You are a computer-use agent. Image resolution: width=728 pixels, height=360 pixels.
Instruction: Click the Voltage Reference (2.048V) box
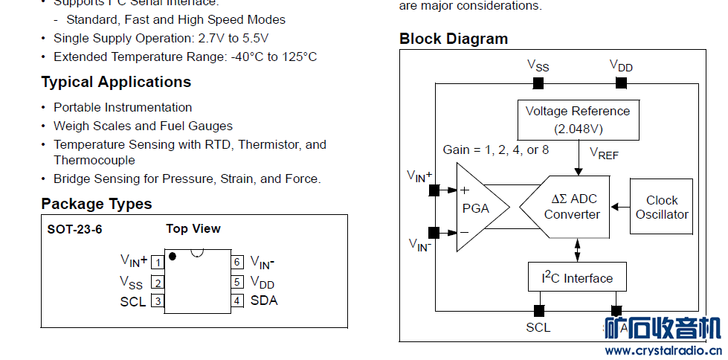pos(578,119)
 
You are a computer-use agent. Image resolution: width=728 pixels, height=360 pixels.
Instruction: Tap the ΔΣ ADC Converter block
pos(569,208)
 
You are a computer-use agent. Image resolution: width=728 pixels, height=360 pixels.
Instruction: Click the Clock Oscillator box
pos(661,207)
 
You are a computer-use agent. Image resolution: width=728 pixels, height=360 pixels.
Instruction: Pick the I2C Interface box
pos(577,277)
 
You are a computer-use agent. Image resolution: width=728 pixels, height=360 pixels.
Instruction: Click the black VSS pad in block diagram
pos(538,83)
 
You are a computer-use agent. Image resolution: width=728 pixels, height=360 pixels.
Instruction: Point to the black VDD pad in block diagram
pos(621,83)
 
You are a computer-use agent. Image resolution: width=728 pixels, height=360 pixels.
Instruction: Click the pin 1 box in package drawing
pos(158,262)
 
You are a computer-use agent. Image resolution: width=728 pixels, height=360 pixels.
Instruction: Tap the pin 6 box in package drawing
pos(237,262)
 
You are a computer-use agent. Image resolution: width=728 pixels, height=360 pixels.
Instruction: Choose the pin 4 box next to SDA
pos(237,300)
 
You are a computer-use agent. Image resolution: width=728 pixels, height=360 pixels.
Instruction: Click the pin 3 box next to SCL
pos(158,300)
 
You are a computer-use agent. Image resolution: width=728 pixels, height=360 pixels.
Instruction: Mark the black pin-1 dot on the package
pos(173,257)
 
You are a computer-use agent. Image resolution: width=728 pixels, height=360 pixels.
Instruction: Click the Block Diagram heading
pos(454,39)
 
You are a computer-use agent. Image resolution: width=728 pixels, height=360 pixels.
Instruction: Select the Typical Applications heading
pos(116,82)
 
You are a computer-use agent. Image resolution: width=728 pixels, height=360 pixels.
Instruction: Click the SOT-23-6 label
pos(74,229)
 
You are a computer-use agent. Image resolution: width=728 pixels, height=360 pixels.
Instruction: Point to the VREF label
pos(604,153)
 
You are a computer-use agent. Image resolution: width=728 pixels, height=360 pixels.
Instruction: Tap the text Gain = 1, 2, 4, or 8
pos(496,150)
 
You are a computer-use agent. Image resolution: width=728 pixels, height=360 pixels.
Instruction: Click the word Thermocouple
pos(94,160)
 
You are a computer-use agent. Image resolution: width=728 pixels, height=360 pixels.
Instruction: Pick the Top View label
pos(193,228)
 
